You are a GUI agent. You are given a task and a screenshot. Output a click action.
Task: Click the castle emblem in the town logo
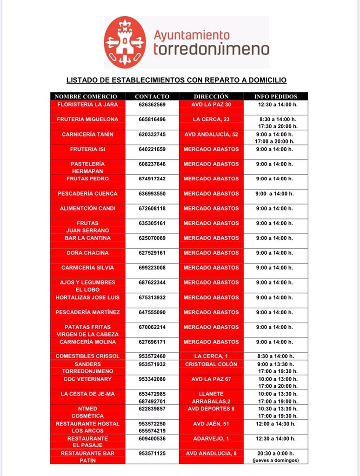125,42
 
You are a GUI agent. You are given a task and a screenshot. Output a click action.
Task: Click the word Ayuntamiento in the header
191,35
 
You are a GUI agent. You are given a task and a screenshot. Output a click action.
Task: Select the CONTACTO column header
152,96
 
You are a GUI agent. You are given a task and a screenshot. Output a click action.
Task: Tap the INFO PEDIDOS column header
276,96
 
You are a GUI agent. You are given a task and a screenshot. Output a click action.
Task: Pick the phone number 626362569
152,105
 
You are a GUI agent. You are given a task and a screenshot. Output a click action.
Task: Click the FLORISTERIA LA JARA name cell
87,105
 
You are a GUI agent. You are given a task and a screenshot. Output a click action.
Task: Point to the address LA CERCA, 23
211,119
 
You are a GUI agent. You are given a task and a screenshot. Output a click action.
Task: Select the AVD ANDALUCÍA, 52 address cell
211,134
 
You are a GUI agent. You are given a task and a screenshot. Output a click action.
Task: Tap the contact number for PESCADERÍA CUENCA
152,193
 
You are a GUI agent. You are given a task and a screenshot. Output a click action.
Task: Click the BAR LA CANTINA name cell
87,238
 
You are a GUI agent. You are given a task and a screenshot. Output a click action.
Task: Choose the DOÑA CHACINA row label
87,253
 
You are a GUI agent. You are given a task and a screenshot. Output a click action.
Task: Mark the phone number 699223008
152,268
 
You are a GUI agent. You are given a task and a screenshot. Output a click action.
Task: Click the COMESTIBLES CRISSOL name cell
87,356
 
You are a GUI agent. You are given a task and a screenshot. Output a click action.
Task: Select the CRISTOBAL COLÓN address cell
211,364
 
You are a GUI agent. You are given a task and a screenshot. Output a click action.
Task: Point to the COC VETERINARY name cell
87,379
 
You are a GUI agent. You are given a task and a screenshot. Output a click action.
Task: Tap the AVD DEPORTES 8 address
211,409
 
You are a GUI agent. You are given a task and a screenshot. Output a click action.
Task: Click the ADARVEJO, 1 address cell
211,438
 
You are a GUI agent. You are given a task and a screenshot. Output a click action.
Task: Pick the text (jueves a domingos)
276,460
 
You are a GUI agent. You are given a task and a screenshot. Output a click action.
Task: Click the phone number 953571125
152,453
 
